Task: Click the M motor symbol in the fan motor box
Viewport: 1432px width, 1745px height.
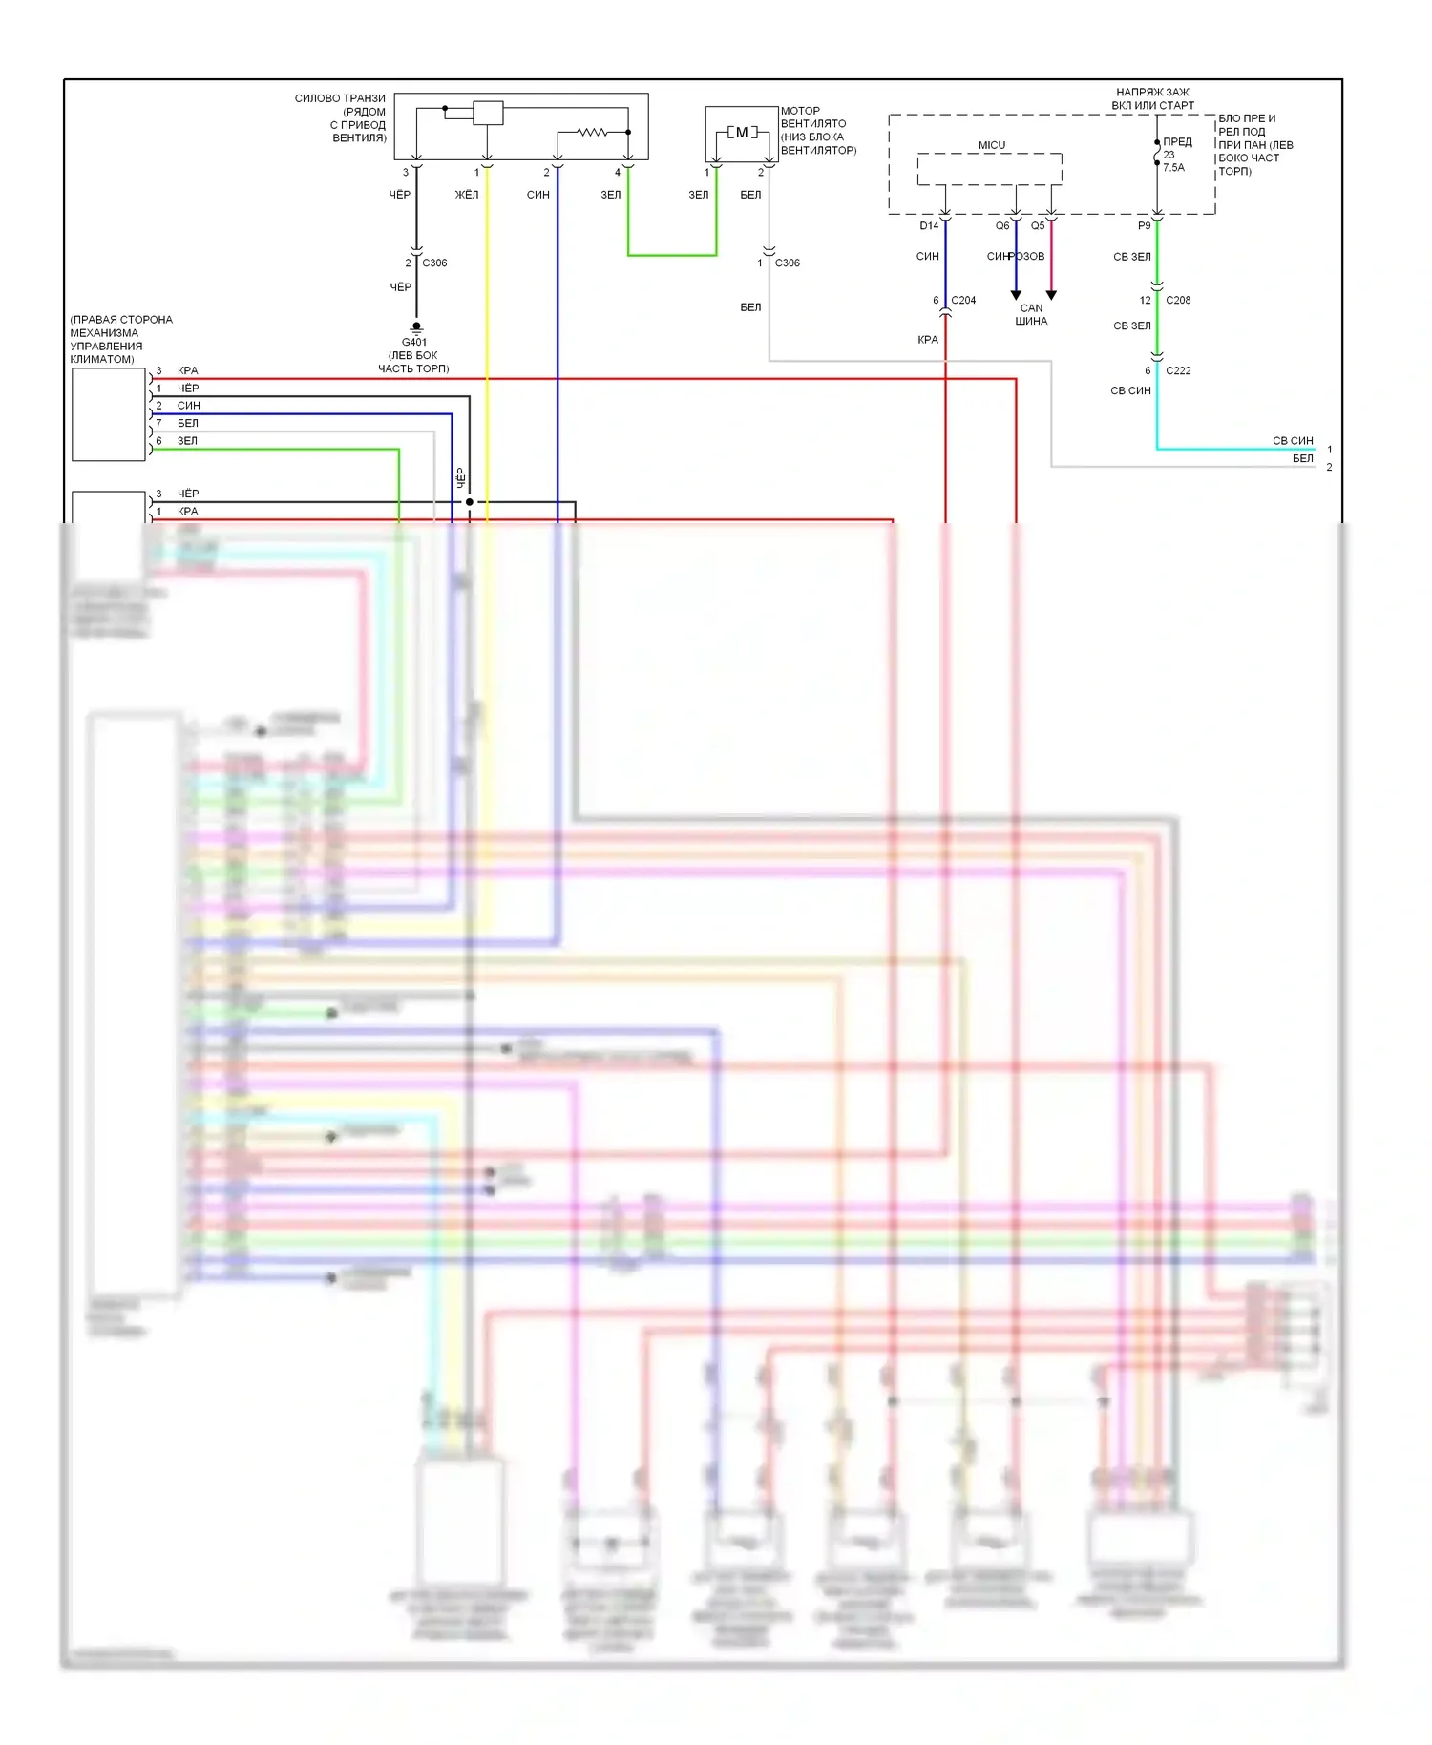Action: pyautogui.click(x=742, y=133)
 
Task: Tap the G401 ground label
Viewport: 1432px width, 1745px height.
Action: pyautogui.click(x=414, y=342)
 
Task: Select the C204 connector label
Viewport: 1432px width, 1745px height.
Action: pyautogui.click(x=963, y=300)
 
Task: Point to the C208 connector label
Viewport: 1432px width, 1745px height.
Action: pyautogui.click(x=1178, y=300)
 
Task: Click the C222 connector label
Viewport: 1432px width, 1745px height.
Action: pyautogui.click(x=1178, y=370)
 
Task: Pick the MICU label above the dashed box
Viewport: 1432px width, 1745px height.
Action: pyautogui.click(x=992, y=145)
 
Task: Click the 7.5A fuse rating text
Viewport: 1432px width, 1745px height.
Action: pyautogui.click(x=1173, y=168)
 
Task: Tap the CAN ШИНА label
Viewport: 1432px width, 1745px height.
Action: pyautogui.click(x=1031, y=315)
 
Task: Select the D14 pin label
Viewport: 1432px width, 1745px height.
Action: pyautogui.click(x=929, y=226)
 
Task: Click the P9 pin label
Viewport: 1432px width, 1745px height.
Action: pyautogui.click(x=1145, y=226)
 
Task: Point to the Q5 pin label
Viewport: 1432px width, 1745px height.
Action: pyautogui.click(x=1038, y=226)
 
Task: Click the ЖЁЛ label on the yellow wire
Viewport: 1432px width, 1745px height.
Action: pyautogui.click(x=467, y=195)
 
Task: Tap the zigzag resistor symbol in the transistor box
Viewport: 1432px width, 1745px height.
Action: pyautogui.click(x=591, y=132)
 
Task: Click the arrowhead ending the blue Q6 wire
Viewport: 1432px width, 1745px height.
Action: pyautogui.click(x=1016, y=295)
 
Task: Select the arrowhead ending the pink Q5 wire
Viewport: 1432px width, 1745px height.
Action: pyautogui.click(x=1051, y=295)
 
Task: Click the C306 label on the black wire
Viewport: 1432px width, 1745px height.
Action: pyautogui.click(x=434, y=263)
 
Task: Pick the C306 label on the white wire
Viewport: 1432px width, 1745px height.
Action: pyautogui.click(x=788, y=263)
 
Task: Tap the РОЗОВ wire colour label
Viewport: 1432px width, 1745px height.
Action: pyautogui.click(x=1028, y=256)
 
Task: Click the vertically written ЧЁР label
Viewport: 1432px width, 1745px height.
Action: pyautogui.click(x=460, y=477)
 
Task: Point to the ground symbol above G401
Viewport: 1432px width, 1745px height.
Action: pyautogui.click(x=416, y=328)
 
